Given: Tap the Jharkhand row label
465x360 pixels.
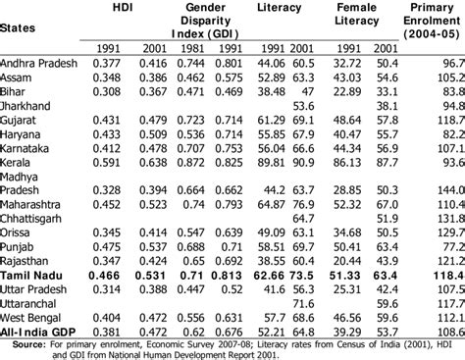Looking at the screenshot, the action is coord(28,102).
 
